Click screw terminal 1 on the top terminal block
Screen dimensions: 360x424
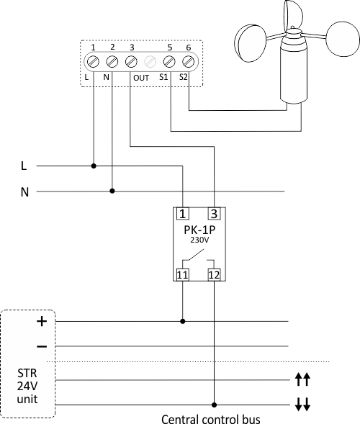[x=94, y=62]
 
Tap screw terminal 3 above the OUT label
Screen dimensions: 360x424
[x=131, y=62]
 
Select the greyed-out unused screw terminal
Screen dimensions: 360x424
[x=150, y=62]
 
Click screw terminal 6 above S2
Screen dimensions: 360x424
[x=188, y=62]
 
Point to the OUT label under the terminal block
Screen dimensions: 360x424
[x=141, y=78]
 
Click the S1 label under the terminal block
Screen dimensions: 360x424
[x=163, y=77]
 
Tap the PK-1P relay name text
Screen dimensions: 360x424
[x=199, y=230]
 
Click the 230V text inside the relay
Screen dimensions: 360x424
[x=199, y=240]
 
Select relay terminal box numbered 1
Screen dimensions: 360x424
[x=183, y=214]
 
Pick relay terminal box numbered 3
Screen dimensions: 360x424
[x=215, y=214]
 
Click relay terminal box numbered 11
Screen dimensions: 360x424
[x=183, y=275]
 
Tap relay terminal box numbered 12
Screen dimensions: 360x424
[x=215, y=275]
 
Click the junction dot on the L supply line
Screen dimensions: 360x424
[x=94, y=166]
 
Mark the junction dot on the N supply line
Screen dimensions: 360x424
[x=112, y=191]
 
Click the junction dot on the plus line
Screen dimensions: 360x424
[x=183, y=321]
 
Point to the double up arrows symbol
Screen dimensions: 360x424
[x=302, y=379]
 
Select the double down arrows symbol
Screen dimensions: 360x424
[x=302, y=405]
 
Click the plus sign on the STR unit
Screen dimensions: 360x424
[x=42, y=321]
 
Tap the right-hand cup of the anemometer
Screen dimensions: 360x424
[x=343, y=39]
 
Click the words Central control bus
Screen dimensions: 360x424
[x=211, y=419]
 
